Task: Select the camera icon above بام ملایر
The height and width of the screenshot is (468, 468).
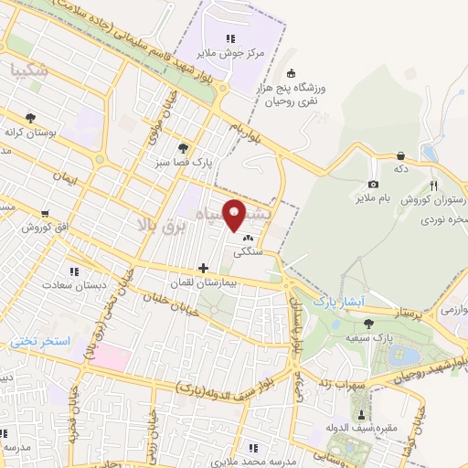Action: pyautogui.click(x=373, y=186)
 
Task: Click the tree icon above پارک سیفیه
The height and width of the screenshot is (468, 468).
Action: pyautogui.click(x=368, y=324)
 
